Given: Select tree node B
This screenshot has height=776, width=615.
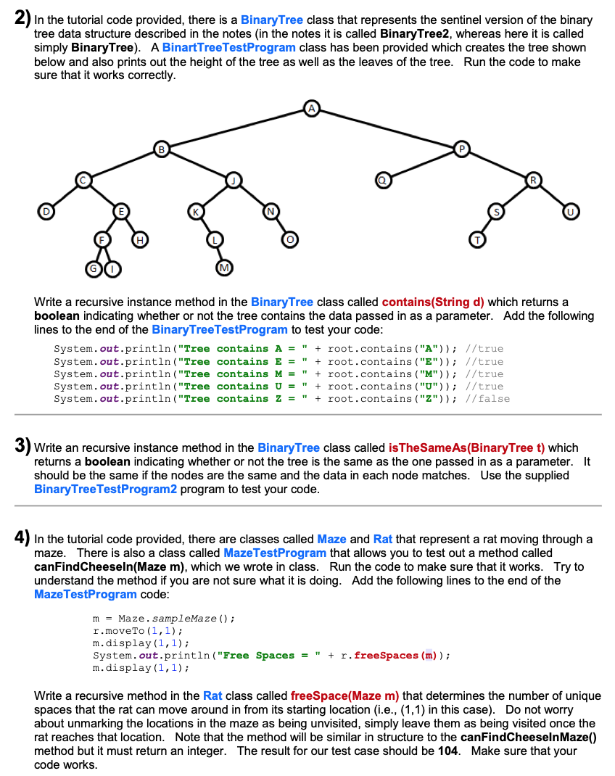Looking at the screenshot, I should [x=162, y=150].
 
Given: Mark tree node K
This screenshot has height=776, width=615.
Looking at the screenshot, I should [x=195, y=211].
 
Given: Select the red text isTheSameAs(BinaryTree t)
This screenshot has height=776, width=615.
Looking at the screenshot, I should [x=473, y=447].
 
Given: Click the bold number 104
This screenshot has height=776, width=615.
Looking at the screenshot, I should [x=447, y=751].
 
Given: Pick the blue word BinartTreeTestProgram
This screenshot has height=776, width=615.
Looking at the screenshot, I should [x=229, y=47].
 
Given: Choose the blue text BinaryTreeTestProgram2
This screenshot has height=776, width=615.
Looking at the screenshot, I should [x=105, y=489].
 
